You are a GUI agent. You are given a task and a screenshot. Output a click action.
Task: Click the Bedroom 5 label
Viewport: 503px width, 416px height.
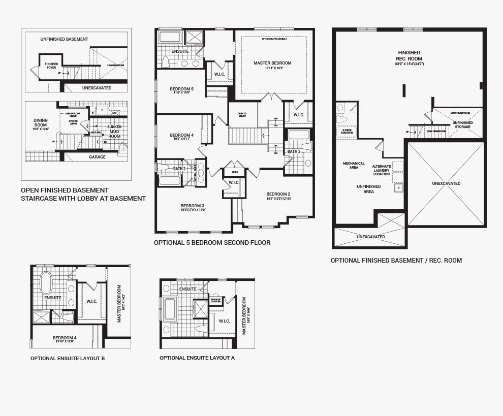[x=181, y=89]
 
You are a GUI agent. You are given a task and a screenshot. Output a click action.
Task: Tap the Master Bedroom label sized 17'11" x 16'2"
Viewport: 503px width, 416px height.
[x=273, y=63]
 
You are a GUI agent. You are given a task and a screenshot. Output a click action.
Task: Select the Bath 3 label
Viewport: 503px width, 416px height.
[x=294, y=151]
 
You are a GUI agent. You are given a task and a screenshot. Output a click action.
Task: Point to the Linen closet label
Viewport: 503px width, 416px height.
[x=235, y=172]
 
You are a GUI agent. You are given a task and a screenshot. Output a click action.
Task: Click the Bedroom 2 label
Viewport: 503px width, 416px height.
[x=278, y=194]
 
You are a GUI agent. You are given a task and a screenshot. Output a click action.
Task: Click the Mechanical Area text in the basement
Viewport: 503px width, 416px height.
[x=354, y=165]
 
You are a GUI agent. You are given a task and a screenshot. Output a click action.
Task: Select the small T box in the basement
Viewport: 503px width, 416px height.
[x=399, y=188]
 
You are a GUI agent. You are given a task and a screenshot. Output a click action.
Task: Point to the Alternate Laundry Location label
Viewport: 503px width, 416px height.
[x=382, y=170]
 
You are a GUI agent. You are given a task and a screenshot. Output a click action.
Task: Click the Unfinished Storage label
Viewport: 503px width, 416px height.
[x=462, y=124]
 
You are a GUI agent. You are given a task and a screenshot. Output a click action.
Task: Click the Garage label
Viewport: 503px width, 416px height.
[x=97, y=157]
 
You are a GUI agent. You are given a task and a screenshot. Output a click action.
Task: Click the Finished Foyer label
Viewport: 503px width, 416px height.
[x=51, y=65]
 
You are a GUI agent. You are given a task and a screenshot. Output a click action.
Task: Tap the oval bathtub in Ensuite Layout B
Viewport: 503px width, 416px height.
[x=45, y=282]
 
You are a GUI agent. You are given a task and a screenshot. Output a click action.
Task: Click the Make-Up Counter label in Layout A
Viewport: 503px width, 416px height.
[x=216, y=301]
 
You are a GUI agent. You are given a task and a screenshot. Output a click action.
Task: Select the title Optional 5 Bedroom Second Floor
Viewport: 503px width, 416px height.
[x=212, y=243]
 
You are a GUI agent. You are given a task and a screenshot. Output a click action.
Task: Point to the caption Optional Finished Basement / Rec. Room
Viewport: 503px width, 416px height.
[x=396, y=261]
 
